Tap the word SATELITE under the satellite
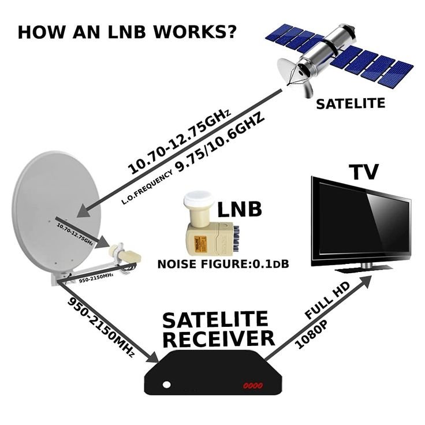coord(350,104)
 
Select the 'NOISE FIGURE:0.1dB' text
coord(223,264)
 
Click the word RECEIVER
coord(217,338)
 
